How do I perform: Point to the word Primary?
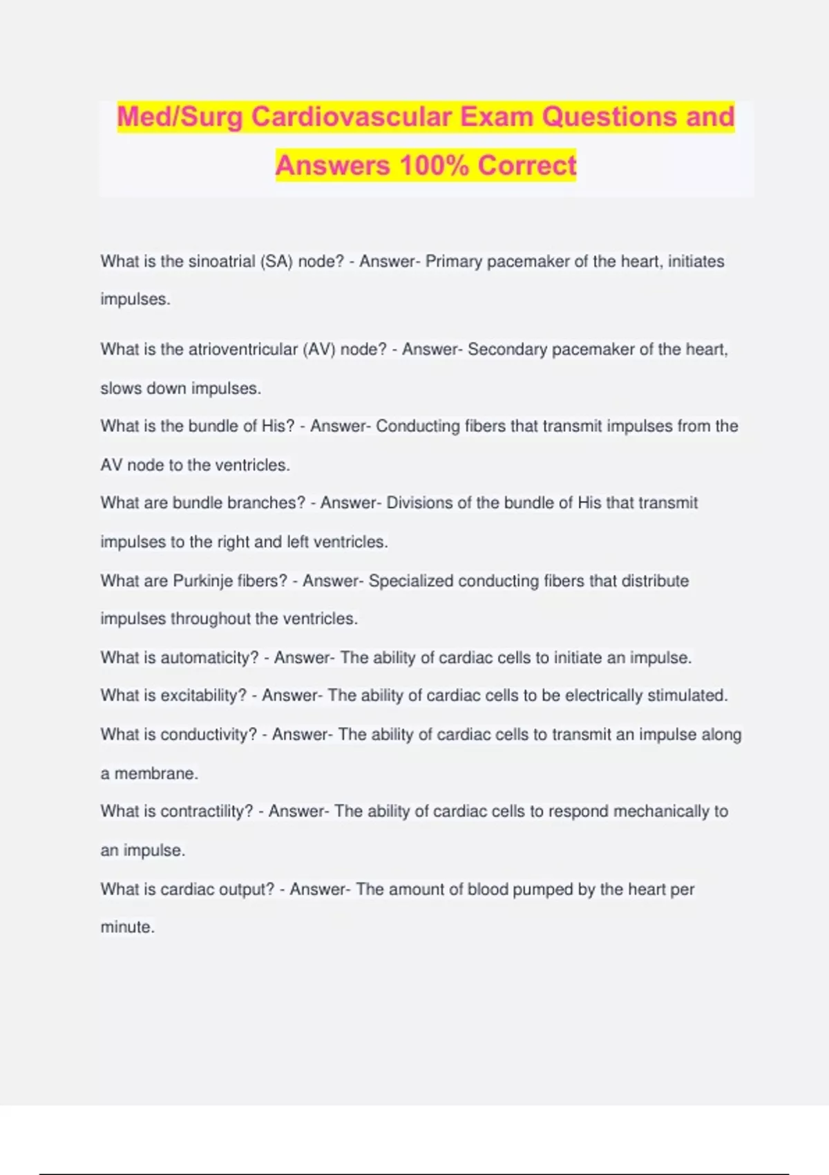[453, 261]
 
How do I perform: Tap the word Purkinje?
[202, 581]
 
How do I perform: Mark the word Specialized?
[410, 581]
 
